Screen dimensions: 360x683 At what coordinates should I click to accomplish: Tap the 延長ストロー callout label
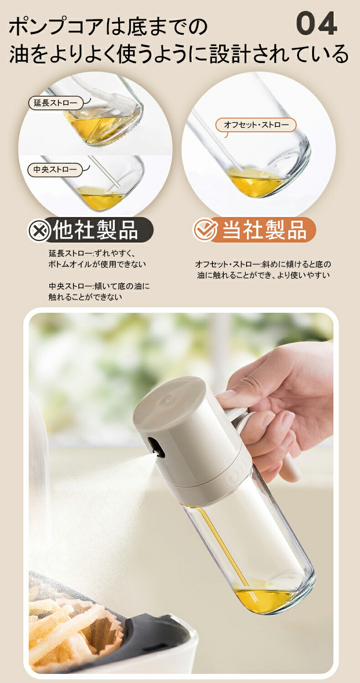56,103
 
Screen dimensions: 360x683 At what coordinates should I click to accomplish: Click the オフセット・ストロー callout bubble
256,125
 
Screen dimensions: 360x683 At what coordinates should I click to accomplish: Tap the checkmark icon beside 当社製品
205,230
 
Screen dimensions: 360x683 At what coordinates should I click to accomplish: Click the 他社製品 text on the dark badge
96,230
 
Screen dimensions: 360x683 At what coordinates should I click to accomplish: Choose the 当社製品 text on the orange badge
264,230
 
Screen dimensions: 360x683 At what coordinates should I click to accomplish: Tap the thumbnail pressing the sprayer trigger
226,395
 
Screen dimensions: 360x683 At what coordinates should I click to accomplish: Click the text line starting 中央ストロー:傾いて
99,287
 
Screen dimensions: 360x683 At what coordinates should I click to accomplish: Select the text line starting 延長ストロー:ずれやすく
92,254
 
